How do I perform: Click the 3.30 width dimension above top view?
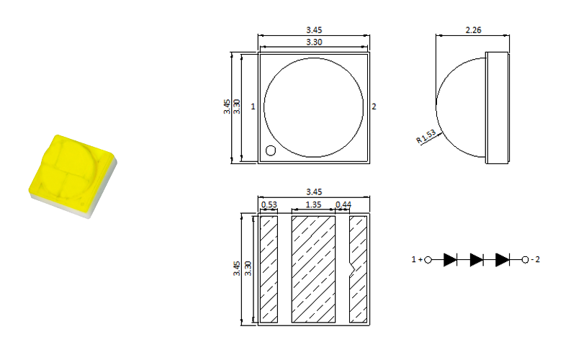pos(314,42)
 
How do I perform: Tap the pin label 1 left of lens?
pos(253,107)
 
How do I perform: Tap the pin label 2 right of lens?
pos(374,107)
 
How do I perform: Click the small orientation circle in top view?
pos(271,150)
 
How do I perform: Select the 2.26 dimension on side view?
pos(473,30)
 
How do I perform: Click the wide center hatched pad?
pos(313,269)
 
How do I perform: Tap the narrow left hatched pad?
pos(269,269)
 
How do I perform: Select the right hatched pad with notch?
pos(358,269)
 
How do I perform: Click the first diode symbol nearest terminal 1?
pos(451,259)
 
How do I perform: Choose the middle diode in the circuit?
pos(476,259)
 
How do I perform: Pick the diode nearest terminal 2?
pos(502,259)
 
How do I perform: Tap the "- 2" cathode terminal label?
pos(533,259)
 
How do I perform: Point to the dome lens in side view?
pos(461,107)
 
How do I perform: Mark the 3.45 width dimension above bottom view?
pos(314,192)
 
